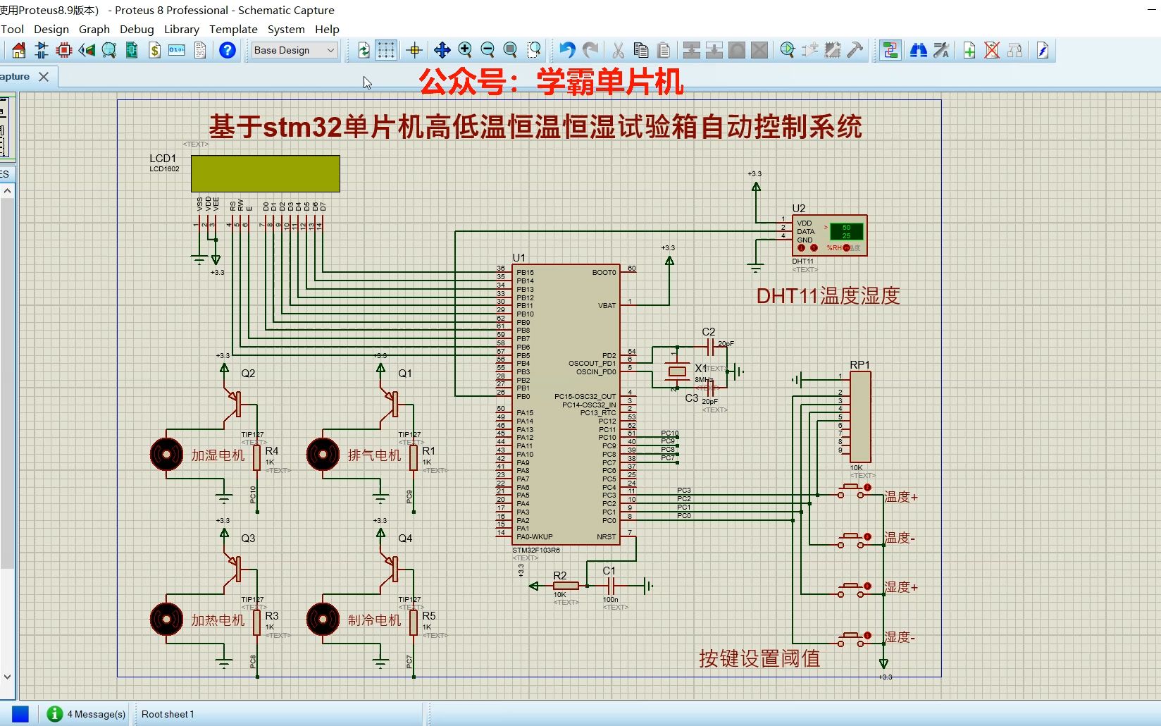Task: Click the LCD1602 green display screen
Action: click(265, 173)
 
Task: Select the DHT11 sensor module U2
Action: click(829, 235)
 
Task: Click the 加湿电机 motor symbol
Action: click(167, 455)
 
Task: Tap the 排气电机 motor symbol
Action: click(323, 455)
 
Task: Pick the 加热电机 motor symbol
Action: click(167, 619)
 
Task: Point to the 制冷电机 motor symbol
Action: click(323, 619)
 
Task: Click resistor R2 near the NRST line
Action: click(566, 586)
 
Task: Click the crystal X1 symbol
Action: click(677, 371)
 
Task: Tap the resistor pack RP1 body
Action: click(860, 417)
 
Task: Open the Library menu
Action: click(181, 29)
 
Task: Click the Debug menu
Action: click(137, 29)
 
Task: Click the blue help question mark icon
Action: click(227, 50)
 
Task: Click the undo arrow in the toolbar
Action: click(567, 50)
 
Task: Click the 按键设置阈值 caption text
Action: click(759, 658)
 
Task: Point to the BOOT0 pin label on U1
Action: click(604, 272)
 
